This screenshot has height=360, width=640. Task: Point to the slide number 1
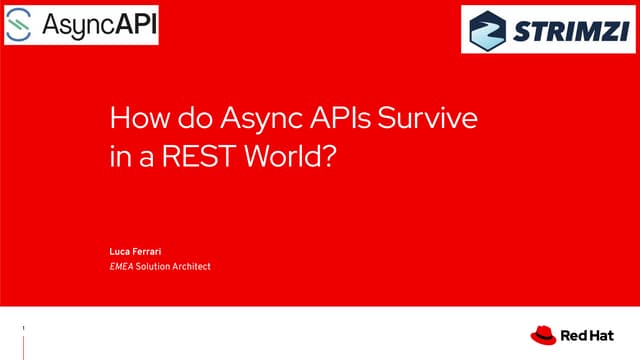pos(23,327)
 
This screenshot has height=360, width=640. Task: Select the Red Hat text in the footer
pos(584,335)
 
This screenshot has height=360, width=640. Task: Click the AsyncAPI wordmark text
pos(99,24)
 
